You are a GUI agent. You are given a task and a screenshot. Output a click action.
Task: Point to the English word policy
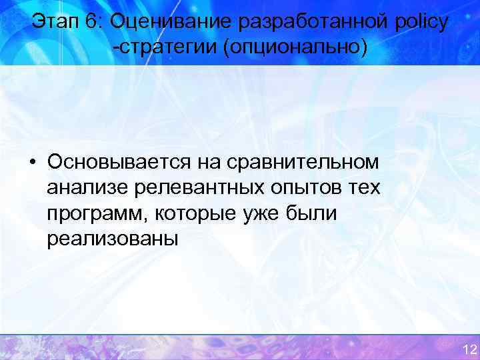pos(421,23)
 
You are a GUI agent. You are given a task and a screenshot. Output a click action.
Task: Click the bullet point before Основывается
pos(32,162)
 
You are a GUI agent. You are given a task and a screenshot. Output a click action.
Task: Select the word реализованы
pos(112,239)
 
